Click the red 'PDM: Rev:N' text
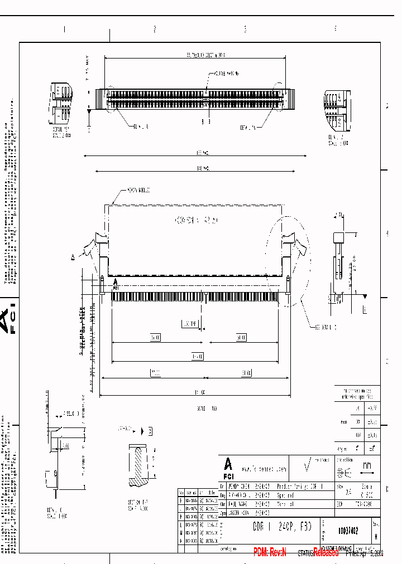click(x=270, y=552)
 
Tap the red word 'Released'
click(x=326, y=552)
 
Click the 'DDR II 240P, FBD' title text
click(x=275, y=526)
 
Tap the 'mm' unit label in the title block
click(x=366, y=465)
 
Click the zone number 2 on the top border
click(x=155, y=29)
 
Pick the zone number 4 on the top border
click(x=335, y=29)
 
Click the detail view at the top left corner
click(x=60, y=105)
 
